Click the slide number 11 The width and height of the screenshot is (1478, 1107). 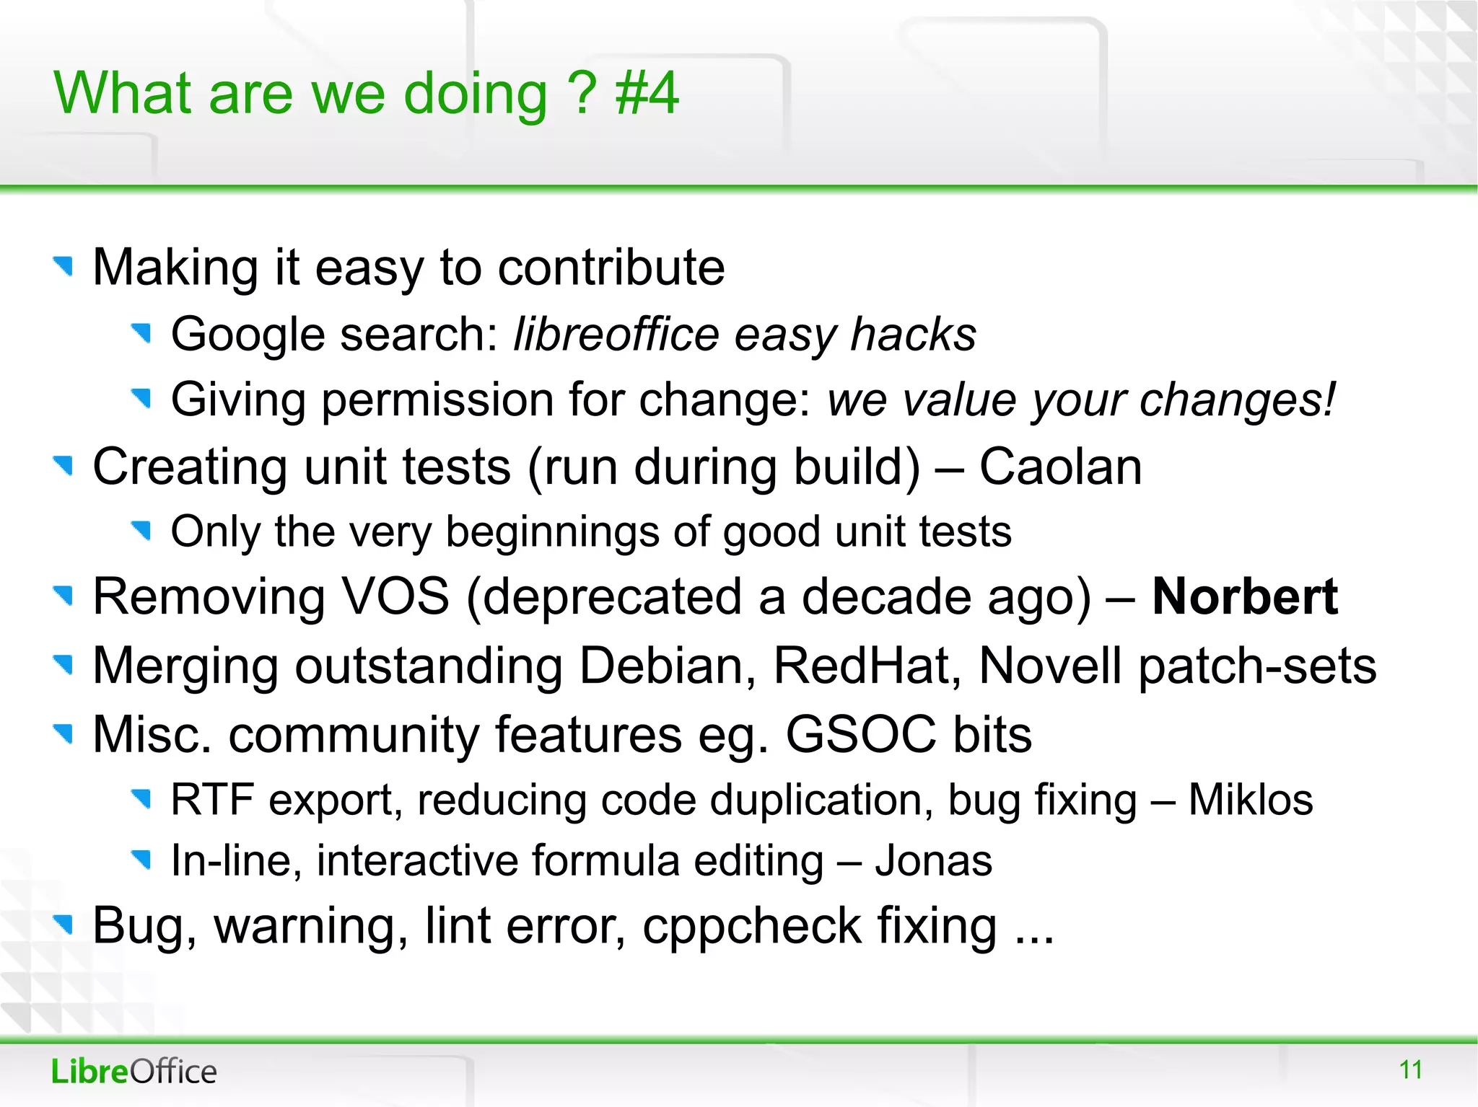[1410, 1069]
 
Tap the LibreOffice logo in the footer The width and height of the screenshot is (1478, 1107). [134, 1072]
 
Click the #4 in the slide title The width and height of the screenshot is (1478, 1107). [647, 94]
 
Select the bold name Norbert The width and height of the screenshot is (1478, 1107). [1245, 597]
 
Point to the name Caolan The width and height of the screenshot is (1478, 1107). [1060, 467]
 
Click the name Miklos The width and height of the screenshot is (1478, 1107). [1250, 800]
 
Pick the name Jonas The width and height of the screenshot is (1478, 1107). [933, 861]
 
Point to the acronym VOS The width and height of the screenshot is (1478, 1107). [395, 597]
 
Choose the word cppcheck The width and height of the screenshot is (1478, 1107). [751, 926]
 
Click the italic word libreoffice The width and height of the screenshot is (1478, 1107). [616, 335]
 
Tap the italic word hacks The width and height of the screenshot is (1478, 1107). [913, 335]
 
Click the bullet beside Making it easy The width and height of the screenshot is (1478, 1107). [64, 266]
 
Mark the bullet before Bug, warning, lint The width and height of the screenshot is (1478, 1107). [64, 924]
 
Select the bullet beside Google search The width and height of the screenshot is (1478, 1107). [141, 333]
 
